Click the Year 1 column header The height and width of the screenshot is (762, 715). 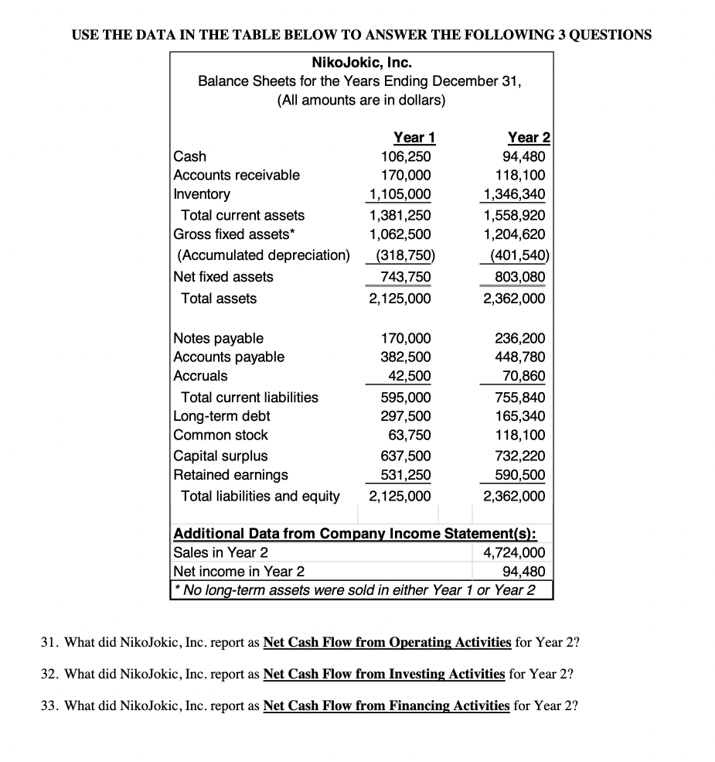(414, 138)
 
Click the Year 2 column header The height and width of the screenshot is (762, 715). (529, 138)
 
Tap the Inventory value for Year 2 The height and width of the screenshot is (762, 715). (514, 193)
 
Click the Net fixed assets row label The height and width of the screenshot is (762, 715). (223, 277)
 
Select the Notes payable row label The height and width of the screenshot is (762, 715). (219, 338)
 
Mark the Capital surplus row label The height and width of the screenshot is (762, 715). (221, 456)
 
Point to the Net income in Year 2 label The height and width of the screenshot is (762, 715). (239, 572)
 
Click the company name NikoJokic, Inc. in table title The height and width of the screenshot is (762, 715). (361, 62)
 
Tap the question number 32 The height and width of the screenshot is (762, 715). (48, 674)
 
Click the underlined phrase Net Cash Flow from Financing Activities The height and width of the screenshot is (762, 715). (386, 705)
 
